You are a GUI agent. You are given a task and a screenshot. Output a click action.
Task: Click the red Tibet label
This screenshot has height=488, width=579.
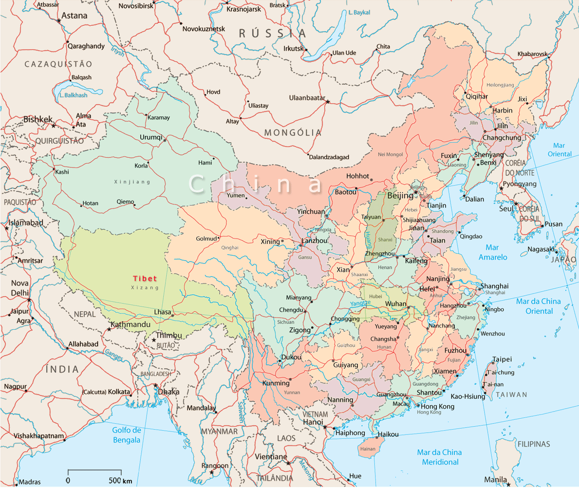(x=145, y=279)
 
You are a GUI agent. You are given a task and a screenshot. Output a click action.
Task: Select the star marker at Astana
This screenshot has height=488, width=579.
(x=59, y=20)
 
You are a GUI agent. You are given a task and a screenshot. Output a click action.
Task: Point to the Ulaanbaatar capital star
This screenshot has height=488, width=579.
(x=328, y=102)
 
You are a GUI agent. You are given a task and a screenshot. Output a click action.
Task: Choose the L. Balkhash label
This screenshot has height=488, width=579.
(x=73, y=95)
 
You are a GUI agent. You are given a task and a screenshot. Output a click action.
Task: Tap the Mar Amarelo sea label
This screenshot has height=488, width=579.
(x=493, y=252)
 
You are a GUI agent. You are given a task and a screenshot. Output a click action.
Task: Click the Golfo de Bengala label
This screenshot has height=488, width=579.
(x=126, y=435)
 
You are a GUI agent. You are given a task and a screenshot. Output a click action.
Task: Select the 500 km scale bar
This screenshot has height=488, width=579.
(x=94, y=471)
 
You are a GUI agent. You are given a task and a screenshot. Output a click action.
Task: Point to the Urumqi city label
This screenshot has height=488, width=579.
(x=150, y=137)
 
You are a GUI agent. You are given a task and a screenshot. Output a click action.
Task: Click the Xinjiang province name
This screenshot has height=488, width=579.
(x=132, y=182)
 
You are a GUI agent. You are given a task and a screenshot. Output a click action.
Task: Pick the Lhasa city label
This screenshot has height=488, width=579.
(x=162, y=312)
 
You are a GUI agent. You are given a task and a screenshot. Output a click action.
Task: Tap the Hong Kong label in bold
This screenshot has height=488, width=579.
(x=437, y=406)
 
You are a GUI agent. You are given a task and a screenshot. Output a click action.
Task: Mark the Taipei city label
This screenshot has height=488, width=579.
(x=502, y=359)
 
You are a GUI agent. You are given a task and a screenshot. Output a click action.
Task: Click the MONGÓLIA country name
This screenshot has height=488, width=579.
(x=293, y=132)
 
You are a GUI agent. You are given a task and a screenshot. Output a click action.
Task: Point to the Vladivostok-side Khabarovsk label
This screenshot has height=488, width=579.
(x=532, y=54)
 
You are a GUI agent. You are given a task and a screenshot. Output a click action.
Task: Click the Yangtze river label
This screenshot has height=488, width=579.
(x=360, y=303)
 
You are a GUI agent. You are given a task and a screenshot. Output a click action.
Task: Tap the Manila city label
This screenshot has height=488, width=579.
(x=496, y=480)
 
